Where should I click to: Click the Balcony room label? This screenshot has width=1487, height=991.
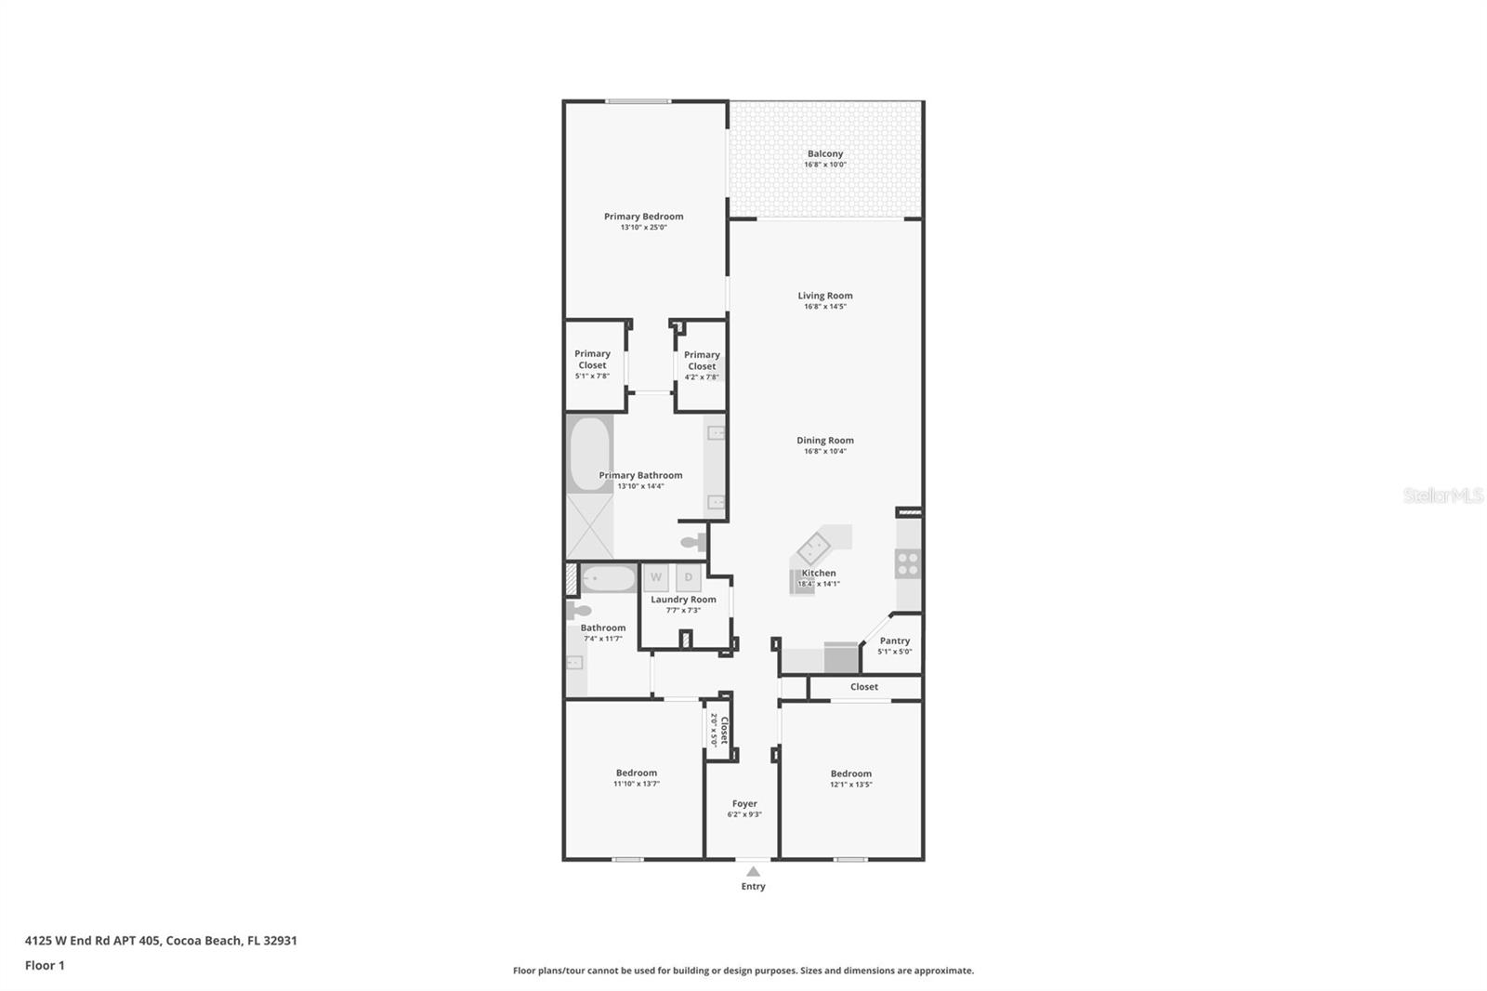tap(825, 153)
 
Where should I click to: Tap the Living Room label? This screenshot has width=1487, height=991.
tap(825, 296)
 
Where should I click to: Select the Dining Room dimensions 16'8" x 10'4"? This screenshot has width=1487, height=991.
tap(825, 451)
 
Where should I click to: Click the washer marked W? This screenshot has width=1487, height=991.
tap(656, 577)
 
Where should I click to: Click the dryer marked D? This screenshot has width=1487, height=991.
tap(689, 577)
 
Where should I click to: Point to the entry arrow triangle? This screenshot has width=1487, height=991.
tap(753, 871)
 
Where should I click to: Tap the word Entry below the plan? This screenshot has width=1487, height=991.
tap(754, 886)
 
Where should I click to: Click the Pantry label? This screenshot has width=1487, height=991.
tap(895, 641)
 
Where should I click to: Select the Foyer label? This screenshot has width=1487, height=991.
tap(744, 804)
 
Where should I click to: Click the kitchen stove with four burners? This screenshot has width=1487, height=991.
tap(907, 564)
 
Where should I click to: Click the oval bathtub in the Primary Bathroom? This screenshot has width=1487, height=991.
tap(589, 454)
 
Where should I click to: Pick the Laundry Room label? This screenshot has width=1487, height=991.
tap(683, 599)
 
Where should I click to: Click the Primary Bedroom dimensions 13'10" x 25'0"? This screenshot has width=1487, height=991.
tap(643, 227)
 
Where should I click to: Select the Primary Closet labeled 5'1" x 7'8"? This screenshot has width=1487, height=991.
tap(592, 364)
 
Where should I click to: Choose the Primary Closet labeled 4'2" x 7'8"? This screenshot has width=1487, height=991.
tap(702, 366)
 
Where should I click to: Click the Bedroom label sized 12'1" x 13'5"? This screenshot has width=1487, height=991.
tap(851, 778)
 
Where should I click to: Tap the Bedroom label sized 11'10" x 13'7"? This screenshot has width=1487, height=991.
tap(637, 778)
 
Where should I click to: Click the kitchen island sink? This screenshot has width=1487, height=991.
tap(814, 548)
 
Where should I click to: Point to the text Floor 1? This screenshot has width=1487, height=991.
tap(45, 966)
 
